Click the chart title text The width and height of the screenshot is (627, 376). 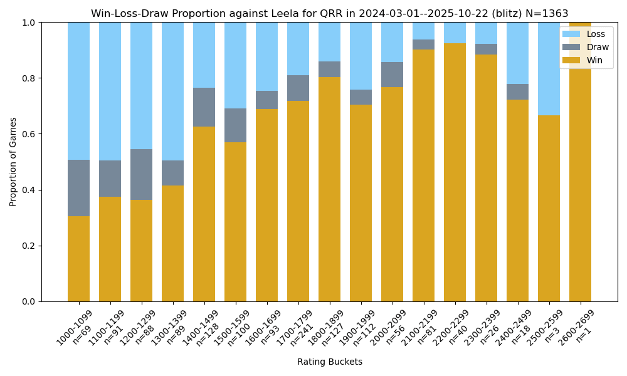click(x=329, y=14)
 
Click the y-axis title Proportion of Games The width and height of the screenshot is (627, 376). click(x=13, y=162)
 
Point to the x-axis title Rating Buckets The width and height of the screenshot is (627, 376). click(x=329, y=362)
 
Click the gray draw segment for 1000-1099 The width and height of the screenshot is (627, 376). click(x=78, y=188)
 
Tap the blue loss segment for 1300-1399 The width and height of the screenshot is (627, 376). click(x=172, y=91)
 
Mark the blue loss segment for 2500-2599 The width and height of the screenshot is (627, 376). click(x=549, y=69)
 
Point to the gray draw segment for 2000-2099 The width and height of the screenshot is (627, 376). click(x=392, y=75)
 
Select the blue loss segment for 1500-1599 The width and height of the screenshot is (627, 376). click(x=235, y=65)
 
